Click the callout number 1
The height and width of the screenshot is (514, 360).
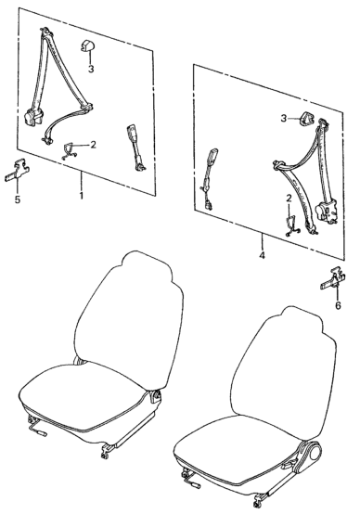[81, 196]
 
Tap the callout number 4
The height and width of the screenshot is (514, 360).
[262, 255]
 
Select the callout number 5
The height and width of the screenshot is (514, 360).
[18, 199]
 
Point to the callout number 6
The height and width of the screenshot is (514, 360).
[338, 305]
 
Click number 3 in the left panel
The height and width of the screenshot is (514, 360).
[91, 69]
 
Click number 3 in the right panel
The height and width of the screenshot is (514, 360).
[284, 118]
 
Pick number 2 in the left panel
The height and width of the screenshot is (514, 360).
[93, 145]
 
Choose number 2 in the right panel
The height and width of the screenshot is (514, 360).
[289, 198]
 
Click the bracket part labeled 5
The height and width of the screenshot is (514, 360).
[17, 171]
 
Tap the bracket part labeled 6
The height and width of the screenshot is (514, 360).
[333, 278]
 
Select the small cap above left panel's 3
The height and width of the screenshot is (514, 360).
[87, 45]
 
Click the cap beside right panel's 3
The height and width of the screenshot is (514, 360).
[305, 119]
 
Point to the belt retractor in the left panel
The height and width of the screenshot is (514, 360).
[32, 117]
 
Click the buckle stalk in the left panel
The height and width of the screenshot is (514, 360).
[135, 148]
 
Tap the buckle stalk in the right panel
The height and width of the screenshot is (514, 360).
[209, 179]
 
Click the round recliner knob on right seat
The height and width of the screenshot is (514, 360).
[313, 452]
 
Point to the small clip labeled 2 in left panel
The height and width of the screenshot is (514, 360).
[69, 151]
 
